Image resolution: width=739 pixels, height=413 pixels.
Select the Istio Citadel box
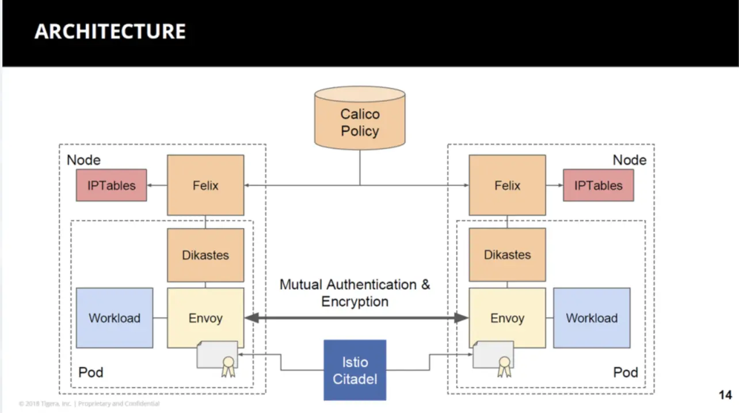click(x=355, y=370)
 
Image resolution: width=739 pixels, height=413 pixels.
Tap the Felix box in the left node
click(x=205, y=185)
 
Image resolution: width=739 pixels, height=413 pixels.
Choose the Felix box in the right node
click(x=507, y=185)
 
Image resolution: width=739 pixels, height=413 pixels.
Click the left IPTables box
click(x=111, y=185)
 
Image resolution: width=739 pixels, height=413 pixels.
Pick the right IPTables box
click(x=598, y=185)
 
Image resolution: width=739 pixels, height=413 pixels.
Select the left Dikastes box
click(x=205, y=255)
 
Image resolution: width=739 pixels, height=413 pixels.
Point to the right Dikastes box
click(x=507, y=255)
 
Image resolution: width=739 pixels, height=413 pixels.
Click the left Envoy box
click(x=205, y=318)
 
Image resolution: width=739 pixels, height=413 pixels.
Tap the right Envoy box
click(x=507, y=318)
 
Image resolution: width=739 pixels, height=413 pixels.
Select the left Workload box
click(x=115, y=318)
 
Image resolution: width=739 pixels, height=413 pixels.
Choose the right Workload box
click(x=592, y=318)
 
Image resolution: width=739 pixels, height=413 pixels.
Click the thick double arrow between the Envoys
click(x=356, y=318)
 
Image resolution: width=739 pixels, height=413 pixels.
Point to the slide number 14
click(x=725, y=395)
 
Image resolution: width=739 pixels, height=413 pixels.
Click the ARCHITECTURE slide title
click(x=110, y=31)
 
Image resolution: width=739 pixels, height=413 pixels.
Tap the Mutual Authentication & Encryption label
click(x=355, y=293)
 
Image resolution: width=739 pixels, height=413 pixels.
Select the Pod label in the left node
click(x=90, y=372)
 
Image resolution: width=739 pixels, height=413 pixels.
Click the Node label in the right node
click(x=629, y=160)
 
